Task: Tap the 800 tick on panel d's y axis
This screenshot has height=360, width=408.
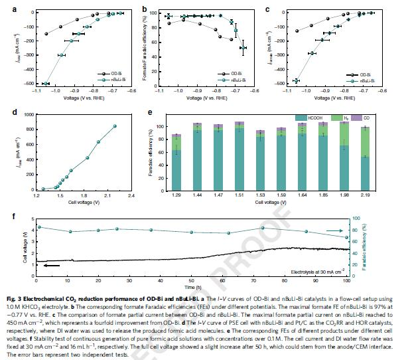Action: (27, 114)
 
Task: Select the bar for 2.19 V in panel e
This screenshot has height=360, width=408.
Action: (364, 156)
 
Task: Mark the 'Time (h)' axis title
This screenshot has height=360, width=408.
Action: (193, 288)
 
